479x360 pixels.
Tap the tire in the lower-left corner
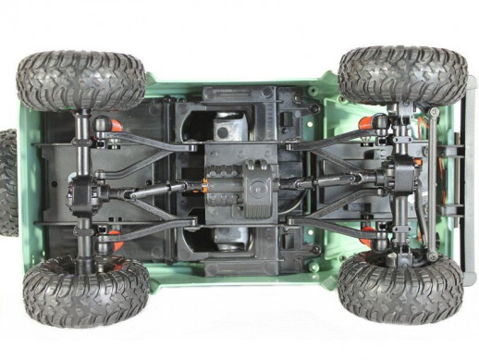(86, 292)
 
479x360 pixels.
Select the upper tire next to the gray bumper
(402, 74)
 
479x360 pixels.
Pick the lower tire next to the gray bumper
(399, 286)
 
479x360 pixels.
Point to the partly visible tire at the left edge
(7, 181)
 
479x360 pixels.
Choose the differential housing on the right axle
(404, 176)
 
